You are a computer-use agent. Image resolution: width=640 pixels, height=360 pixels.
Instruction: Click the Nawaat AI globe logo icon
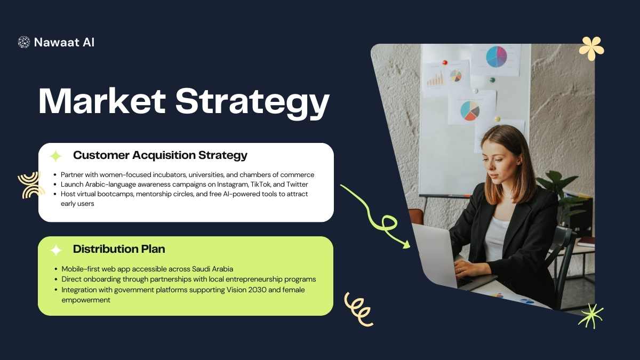(x=23, y=42)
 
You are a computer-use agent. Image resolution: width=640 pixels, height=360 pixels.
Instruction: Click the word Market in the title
(x=102, y=101)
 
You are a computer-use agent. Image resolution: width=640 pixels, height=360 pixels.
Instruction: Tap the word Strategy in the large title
(x=253, y=103)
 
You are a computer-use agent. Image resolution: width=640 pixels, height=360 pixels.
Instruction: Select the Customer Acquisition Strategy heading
(x=160, y=155)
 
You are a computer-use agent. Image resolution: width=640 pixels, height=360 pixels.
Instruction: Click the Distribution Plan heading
(x=119, y=249)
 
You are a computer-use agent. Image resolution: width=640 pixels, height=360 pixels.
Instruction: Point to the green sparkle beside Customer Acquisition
(x=55, y=156)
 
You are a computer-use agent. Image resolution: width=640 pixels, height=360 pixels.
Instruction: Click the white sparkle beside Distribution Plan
(x=56, y=250)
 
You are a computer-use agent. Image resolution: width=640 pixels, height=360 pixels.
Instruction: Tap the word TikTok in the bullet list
(x=260, y=185)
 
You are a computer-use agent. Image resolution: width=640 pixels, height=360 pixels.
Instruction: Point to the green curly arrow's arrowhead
(x=406, y=245)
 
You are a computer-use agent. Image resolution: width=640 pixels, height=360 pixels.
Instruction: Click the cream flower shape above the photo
(x=591, y=49)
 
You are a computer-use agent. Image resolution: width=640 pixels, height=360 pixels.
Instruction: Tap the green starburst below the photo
(x=591, y=316)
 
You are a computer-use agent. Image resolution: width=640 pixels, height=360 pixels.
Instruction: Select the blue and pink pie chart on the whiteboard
(x=497, y=57)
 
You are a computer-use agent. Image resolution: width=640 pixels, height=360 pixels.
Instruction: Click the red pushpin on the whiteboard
(x=445, y=62)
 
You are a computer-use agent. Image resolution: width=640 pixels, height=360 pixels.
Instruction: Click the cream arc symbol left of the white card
(x=31, y=186)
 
